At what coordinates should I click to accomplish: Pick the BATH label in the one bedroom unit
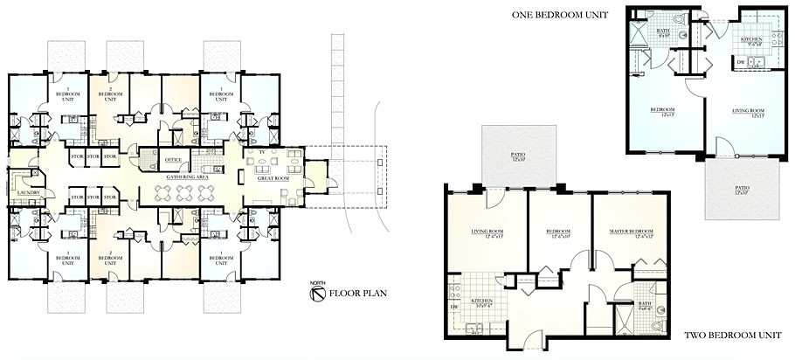662,31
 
